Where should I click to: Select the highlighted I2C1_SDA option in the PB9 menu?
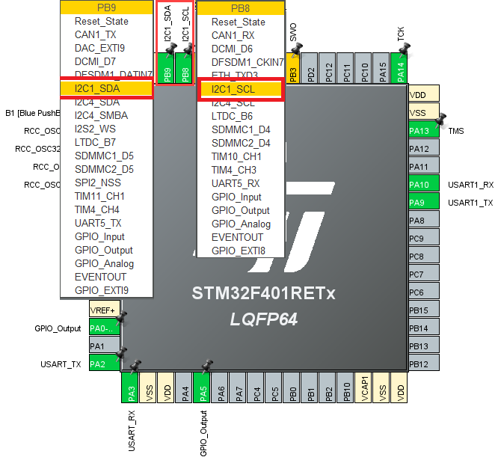tap(107, 88)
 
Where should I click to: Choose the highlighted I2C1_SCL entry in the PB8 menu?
tap(240, 89)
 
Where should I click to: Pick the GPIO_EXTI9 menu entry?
tap(102, 290)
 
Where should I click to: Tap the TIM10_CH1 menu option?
tap(236, 156)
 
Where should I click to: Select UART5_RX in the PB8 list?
tap(236, 183)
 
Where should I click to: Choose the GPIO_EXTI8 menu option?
tap(238, 251)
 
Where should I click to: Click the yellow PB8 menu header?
tap(240, 8)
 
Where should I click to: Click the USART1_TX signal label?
tap(470, 203)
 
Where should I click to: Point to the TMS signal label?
tap(456, 131)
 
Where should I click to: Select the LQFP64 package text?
tap(263, 319)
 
